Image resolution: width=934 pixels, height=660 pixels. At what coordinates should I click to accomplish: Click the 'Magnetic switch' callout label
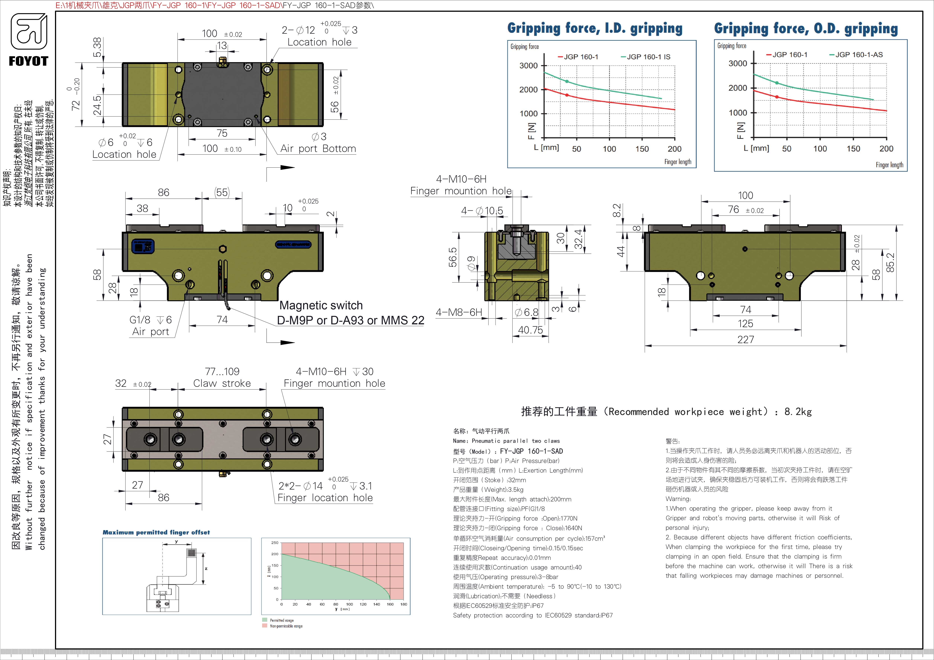point(321,305)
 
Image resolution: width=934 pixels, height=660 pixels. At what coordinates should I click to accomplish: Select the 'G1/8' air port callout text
point(140,320)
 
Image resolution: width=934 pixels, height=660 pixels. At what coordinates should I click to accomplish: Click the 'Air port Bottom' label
point(318,149)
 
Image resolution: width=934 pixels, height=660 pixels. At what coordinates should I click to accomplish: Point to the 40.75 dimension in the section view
point(530,330)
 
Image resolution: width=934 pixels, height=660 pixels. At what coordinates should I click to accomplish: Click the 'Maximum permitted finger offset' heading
point(156,532)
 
